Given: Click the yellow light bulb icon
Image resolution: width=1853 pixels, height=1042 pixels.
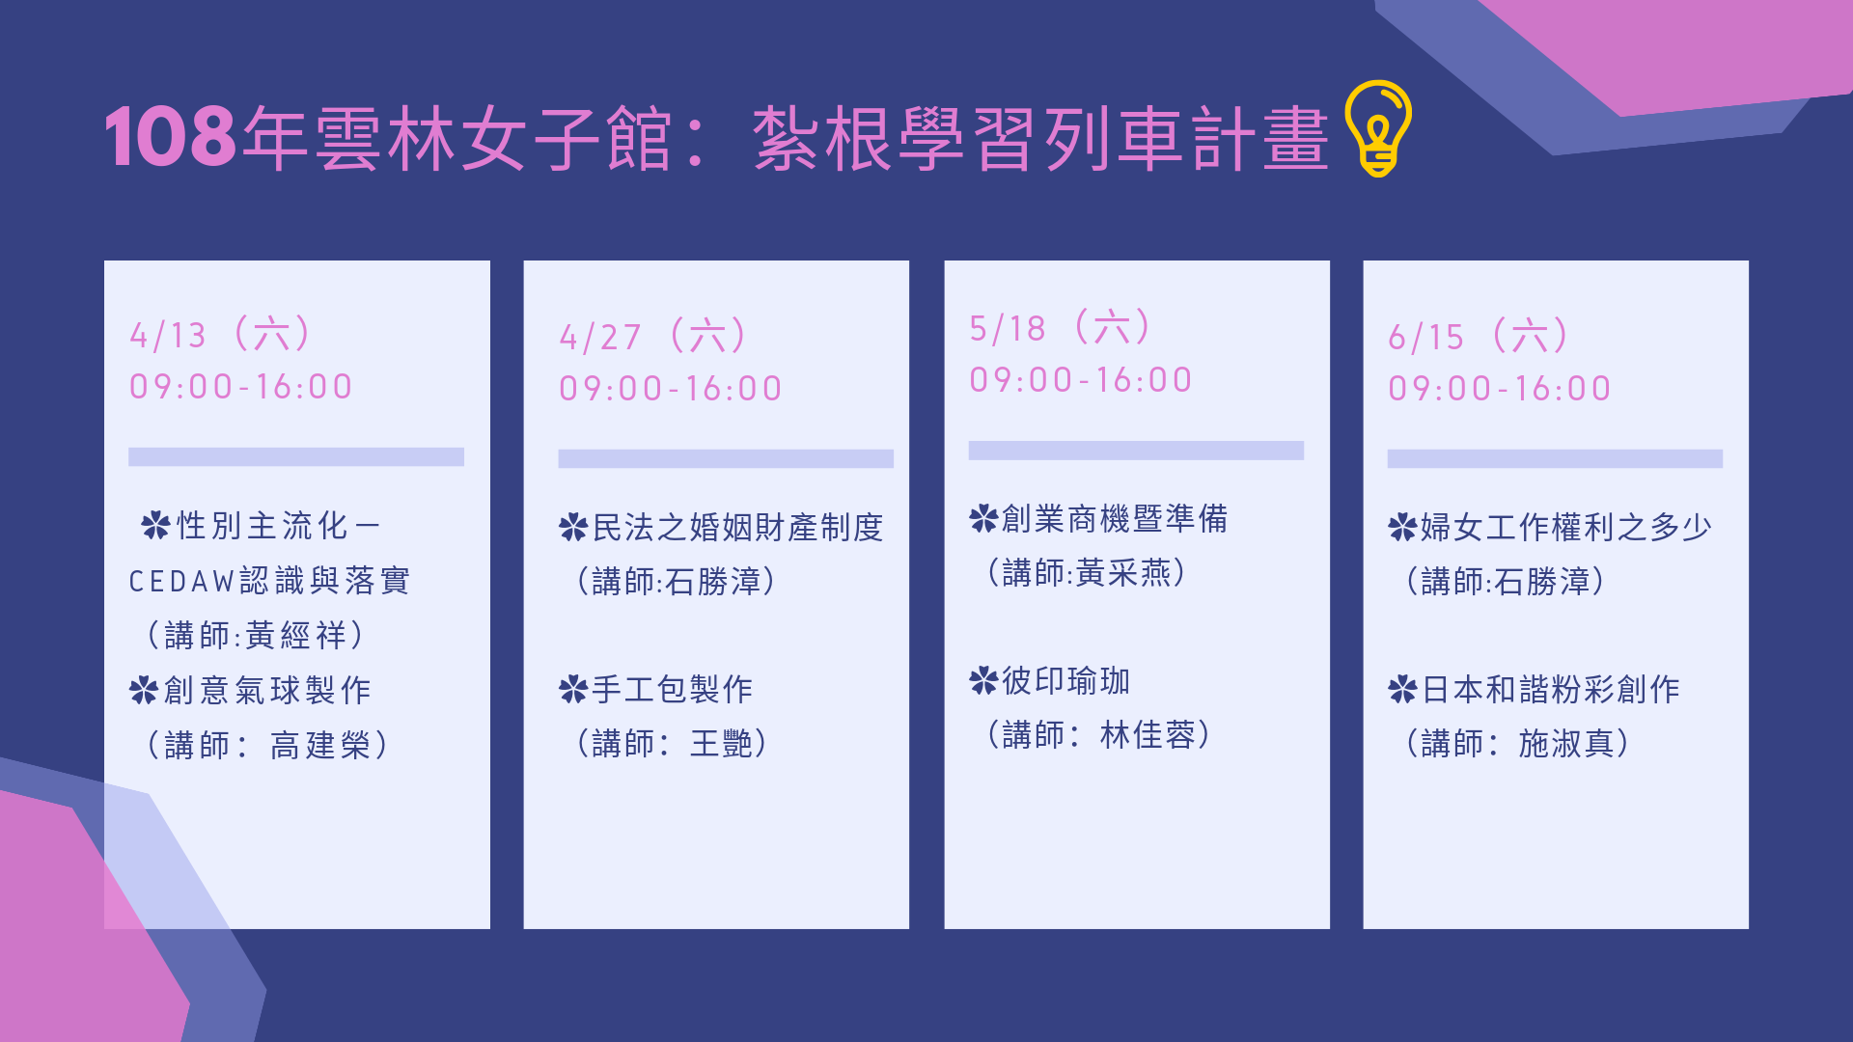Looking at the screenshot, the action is coord(1378,128).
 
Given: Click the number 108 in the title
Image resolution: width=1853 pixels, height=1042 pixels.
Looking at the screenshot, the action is coord(170,137).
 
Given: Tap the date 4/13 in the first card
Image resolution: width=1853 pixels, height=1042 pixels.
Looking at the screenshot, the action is coord(168,336).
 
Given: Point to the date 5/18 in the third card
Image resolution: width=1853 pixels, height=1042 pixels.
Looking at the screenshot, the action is coord(1008,329).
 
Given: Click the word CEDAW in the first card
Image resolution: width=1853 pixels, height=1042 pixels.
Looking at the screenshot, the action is coord(181,582).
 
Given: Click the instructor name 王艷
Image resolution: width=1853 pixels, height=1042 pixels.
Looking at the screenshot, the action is coord(721,744).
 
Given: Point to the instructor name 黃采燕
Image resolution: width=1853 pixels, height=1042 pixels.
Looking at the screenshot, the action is coord(1123,573).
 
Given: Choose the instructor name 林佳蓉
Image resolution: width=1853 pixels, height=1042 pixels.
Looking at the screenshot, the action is coord(1148,735).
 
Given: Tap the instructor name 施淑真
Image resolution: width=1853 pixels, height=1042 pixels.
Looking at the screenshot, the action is coord(1566,744).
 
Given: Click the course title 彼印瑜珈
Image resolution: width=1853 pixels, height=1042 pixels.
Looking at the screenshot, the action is coord(1065,681).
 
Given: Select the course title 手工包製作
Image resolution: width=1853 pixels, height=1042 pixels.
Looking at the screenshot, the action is coord(673,690).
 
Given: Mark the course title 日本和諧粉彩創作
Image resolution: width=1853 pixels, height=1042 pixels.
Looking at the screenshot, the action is coord(1551,690).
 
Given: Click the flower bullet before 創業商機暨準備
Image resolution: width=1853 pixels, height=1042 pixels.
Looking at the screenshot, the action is coord(983,519).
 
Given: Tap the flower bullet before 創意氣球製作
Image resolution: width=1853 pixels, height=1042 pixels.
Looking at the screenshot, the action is coord(144,690).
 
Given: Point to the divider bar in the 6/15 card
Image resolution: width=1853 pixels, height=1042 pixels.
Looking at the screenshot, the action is coord(1555,458).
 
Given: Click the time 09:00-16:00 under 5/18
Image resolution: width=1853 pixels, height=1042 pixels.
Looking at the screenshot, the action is coord(1081,380).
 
